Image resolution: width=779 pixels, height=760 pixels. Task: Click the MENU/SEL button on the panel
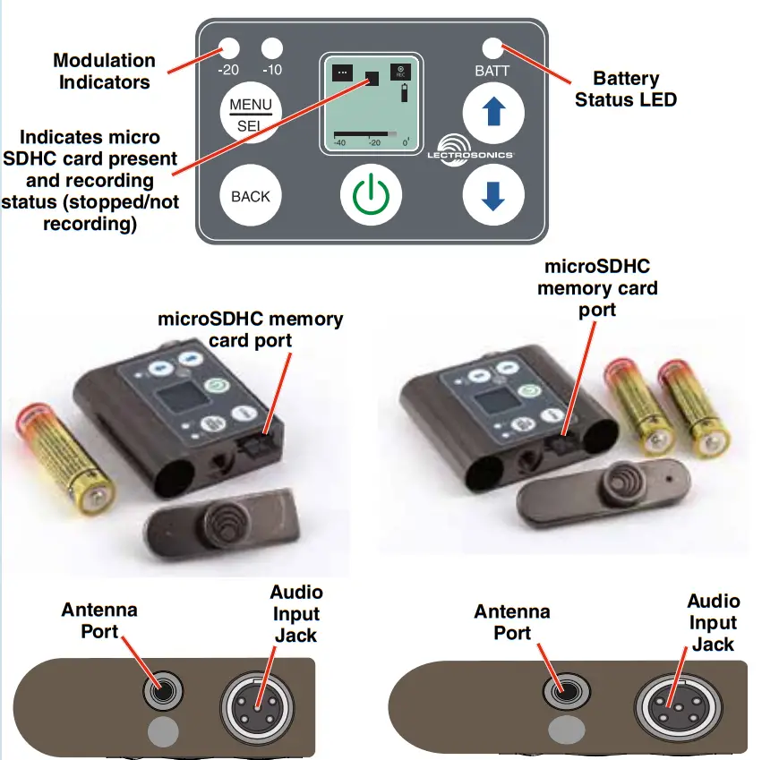[251, 115]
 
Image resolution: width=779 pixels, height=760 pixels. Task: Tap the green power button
[371, 194]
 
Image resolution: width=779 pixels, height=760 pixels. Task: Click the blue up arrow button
[492, 115]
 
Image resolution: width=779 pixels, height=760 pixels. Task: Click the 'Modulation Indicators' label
[104, 71]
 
